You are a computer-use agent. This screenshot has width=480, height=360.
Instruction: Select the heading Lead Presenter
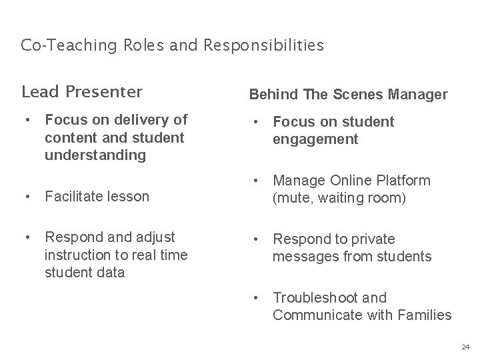[82, 91]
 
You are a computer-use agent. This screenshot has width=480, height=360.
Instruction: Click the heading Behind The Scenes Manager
[348, 95]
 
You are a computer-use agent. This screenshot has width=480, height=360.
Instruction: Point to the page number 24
[465, 347]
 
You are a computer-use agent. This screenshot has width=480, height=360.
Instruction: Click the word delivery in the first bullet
[142, 120]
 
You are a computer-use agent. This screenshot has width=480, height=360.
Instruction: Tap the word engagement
[315, 139]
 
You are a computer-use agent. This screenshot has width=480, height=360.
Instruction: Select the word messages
[304, 256]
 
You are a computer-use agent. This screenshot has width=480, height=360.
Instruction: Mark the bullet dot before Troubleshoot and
[255, 297]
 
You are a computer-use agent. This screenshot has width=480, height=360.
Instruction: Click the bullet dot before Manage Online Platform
[255, 180]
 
